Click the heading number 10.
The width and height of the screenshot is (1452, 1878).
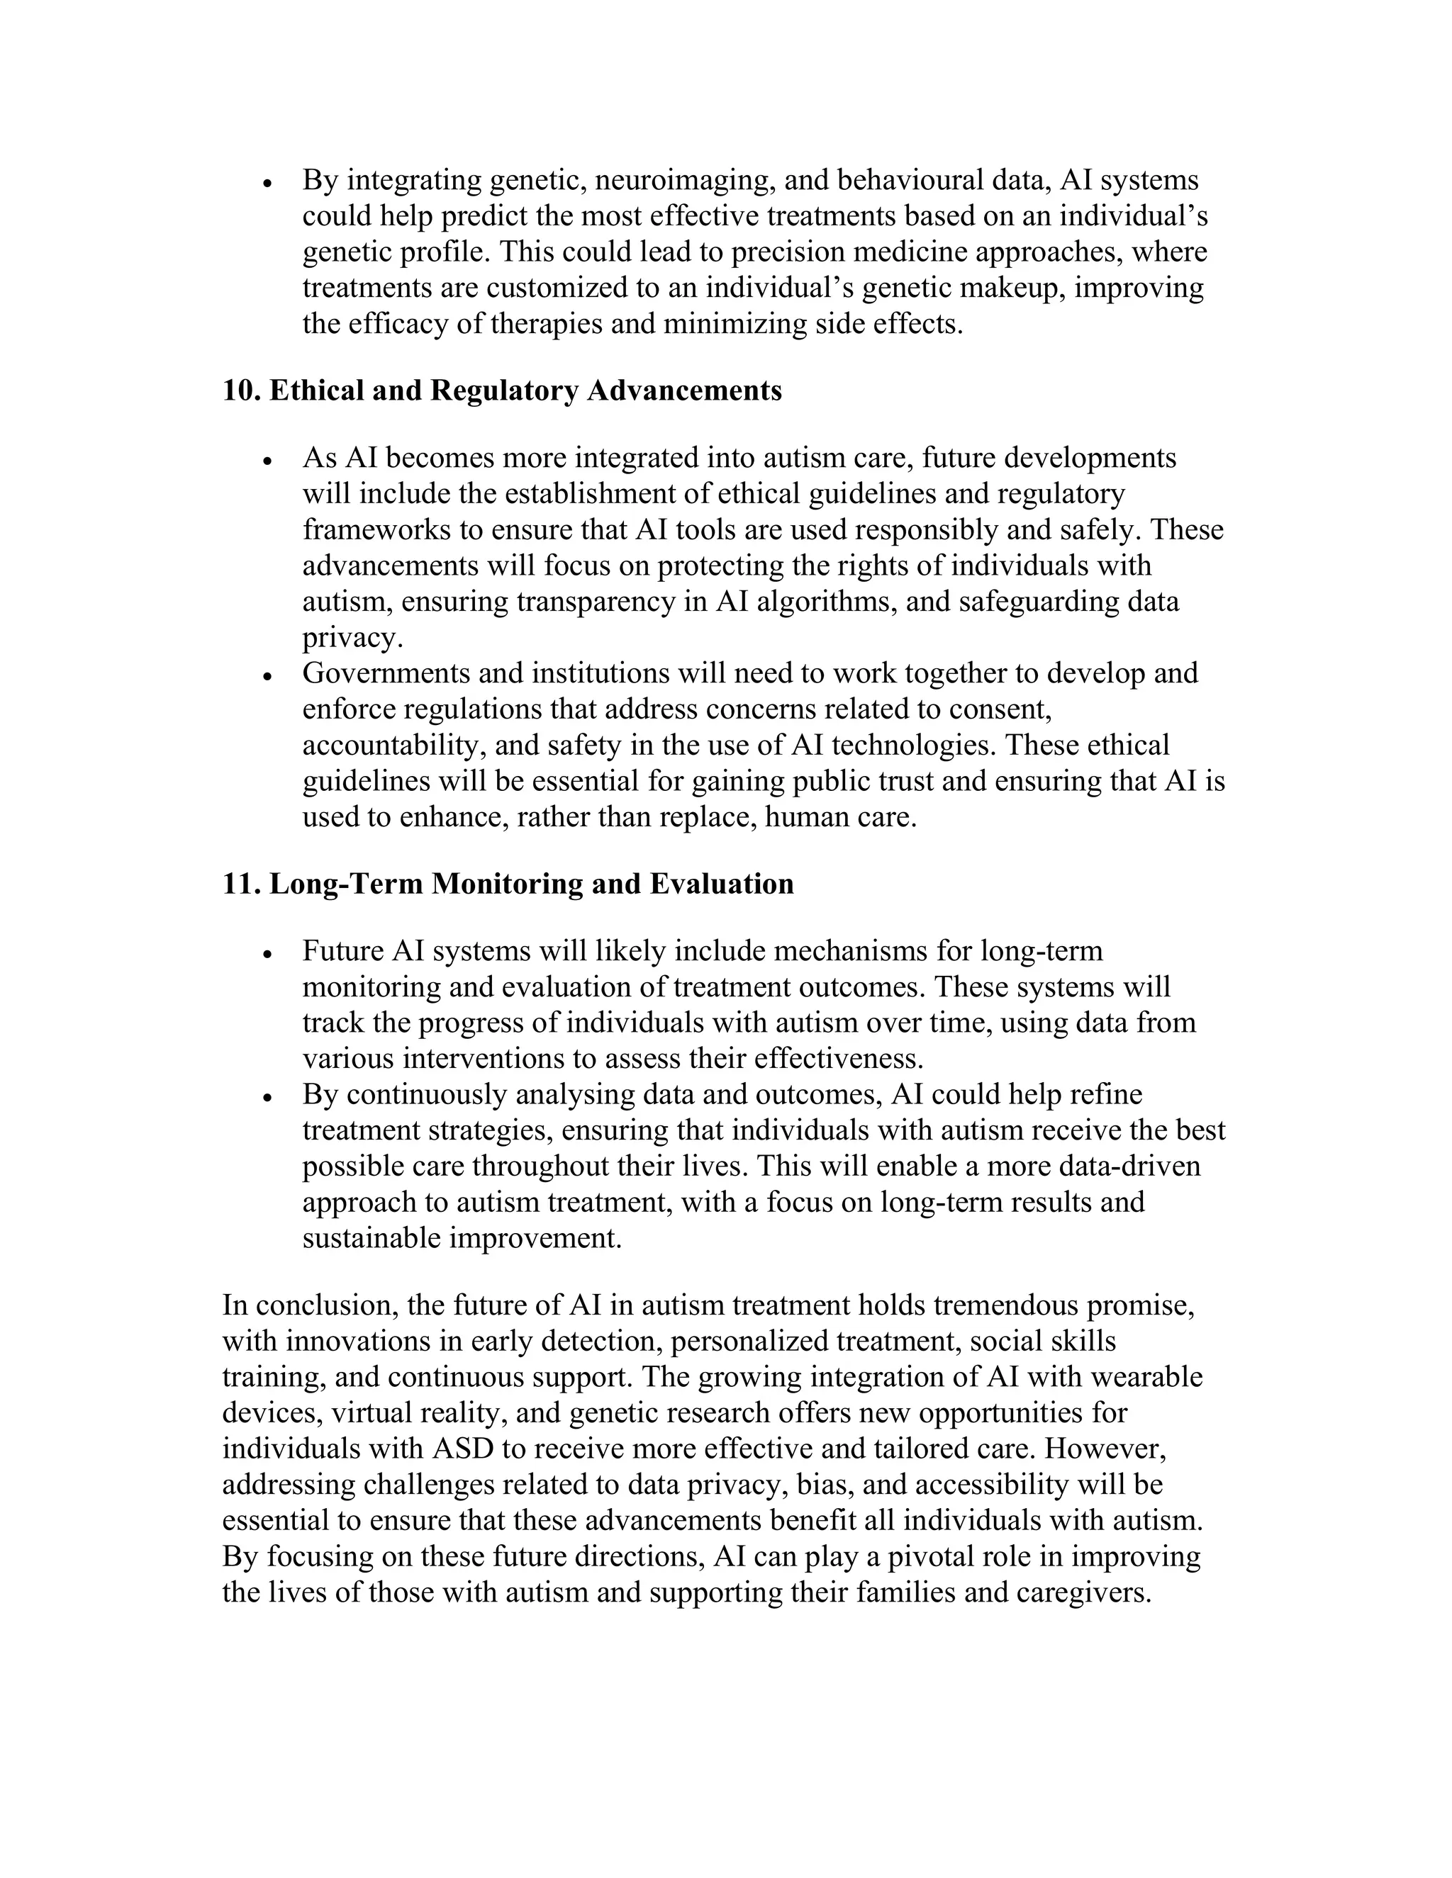(x=241, y=391)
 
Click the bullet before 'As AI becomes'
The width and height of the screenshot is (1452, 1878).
(x=269, y=461)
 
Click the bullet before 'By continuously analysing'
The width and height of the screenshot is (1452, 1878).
(x=269, y=1098)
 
